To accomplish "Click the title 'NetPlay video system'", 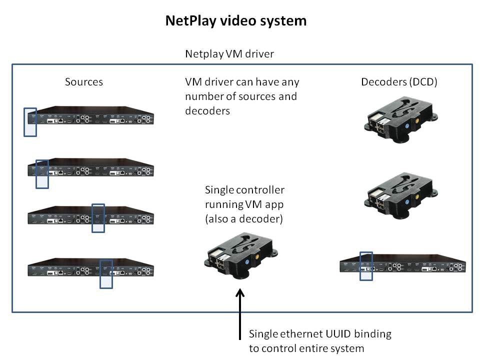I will point(236,21).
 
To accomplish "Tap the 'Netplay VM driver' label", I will point(229,53).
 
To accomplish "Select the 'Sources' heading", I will point(84,81).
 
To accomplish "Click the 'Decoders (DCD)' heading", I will point(399,81).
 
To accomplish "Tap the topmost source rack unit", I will point(90,115).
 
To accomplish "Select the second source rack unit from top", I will point(90,167).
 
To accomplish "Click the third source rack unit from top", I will point(90,216).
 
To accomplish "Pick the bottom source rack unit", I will point(90,268).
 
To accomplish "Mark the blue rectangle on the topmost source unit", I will point(30,121).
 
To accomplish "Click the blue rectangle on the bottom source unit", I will point(106,273).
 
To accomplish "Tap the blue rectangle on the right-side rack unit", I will point(366,265).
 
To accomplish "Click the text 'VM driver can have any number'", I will point(242,95).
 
